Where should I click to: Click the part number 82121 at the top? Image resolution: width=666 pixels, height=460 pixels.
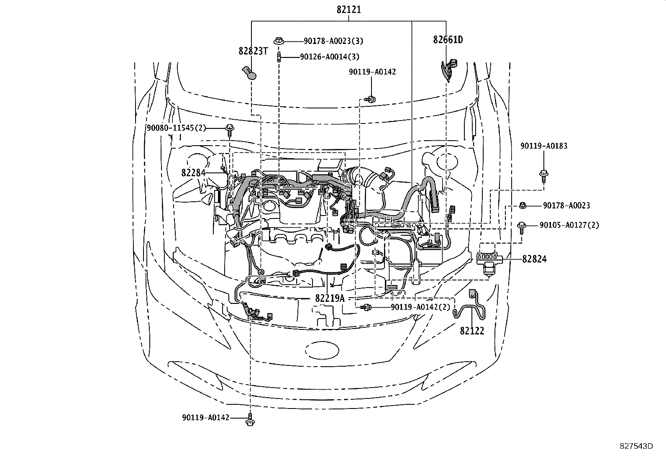(x=348, y=10)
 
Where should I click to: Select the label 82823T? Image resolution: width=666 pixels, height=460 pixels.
(x=253, y=51)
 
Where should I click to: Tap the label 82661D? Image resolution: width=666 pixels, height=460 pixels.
(x=448, y=40)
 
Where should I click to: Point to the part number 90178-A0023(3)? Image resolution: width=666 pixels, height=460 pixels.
(x=333, y=41)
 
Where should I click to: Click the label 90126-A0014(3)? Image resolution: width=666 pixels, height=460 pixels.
(x=330, y=57)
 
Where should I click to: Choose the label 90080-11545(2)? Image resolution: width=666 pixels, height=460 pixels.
(x=176, y=128)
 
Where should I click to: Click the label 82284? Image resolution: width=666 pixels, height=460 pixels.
(x=193, y=172)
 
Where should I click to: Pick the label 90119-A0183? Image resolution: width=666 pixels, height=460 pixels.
(x=544, y=146)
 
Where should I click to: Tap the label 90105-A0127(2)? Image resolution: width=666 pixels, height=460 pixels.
(x=569, y=225)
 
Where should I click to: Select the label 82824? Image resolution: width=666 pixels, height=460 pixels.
(x=534, y=259)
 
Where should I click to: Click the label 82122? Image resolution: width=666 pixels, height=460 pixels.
(x=472, y=331)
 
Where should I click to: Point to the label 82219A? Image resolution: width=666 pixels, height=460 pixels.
(x=330, y=298)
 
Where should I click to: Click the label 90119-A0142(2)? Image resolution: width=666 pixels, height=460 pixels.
(x=421, y=307)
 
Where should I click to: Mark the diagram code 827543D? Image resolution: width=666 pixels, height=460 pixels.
(x=636, y=446)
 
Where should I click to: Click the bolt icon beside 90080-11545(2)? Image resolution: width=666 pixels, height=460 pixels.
(x=230, y=130)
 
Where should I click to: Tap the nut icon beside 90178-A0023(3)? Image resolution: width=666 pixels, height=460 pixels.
(x=278, y=41)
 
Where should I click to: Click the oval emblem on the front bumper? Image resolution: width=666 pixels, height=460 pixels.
(x=322, y=351)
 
